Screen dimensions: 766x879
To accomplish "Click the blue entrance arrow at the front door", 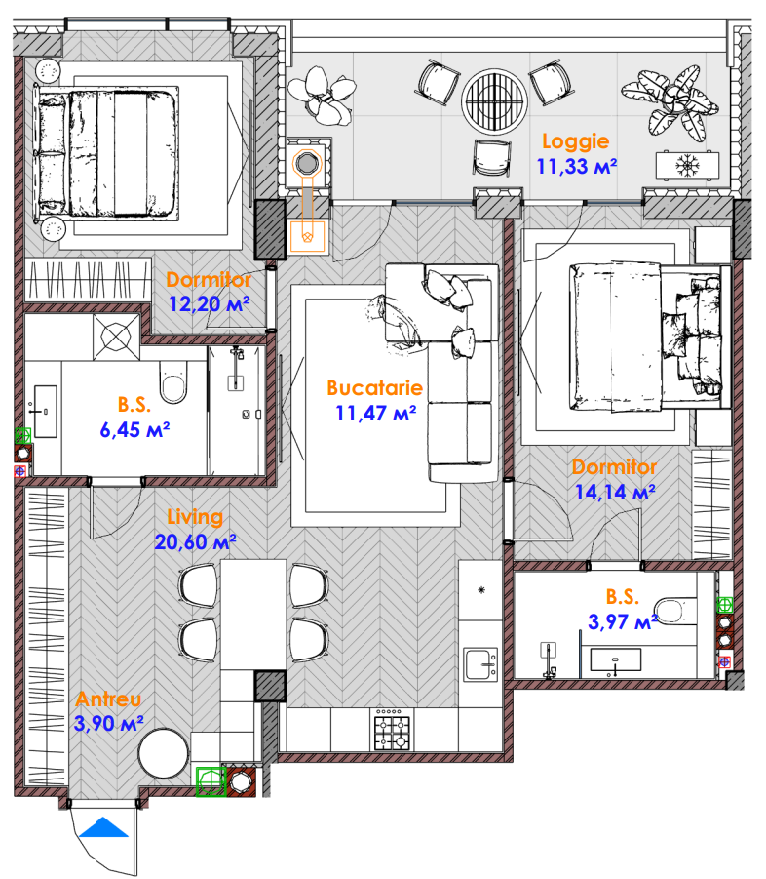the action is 103,828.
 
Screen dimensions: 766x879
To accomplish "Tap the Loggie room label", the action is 576,141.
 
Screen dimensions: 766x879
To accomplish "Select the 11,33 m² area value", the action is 577,167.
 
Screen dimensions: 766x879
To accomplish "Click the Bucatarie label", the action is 374,388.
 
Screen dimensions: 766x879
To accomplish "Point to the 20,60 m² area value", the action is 196,542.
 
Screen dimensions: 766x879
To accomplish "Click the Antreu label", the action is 108,699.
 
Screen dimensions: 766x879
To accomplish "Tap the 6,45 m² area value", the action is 134,430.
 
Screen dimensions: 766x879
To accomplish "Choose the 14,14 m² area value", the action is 615,493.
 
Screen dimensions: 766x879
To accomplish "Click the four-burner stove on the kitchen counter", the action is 392,730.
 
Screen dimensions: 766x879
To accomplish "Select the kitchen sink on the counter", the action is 481,664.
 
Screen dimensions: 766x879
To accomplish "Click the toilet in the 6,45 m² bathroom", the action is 173,382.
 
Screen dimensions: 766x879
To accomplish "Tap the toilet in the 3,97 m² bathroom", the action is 675,611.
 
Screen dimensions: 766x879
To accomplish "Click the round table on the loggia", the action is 494,101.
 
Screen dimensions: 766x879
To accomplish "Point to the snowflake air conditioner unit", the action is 688,166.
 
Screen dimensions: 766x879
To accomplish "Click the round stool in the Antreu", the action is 164,753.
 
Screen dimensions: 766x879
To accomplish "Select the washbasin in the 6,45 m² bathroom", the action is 46,411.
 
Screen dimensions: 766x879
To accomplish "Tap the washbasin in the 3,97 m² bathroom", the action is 615,660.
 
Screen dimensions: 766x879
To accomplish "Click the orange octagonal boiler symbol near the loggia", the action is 306,164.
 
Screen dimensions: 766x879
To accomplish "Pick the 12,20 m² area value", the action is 209,303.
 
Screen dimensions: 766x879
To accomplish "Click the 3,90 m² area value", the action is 108,723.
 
